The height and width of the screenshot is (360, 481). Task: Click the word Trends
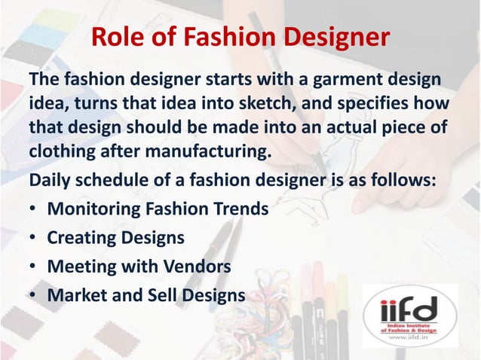pos(237,209)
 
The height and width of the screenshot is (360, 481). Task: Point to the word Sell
pos(165,295)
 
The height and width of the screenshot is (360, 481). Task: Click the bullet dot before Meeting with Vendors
pos(34,267)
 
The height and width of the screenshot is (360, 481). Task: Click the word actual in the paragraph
pos(344,129)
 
